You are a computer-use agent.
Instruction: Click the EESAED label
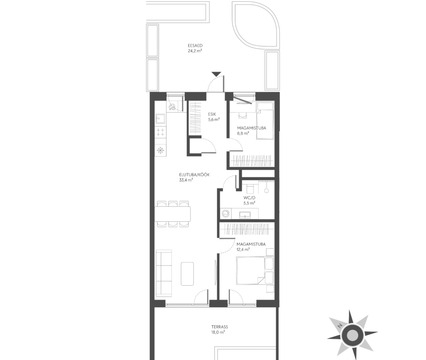pos(195,45)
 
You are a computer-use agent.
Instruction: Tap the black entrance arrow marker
pos(217,74)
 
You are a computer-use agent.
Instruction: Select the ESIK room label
pos(212,114)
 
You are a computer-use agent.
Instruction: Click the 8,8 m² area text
pos(243,133)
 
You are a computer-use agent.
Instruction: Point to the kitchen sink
pos(159,119)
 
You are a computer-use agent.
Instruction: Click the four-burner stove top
pos(160,132)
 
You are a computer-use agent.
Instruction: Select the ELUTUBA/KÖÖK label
pos(194,175)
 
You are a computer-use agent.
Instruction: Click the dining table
pos(173,214)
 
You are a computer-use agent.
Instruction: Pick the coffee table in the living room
pos(187,274)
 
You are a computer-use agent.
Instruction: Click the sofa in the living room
pos(164,273)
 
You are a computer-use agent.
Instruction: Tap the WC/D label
pos(249,198)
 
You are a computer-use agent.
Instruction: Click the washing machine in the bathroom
pos(225,214)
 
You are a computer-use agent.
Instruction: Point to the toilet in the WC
pos(249,188)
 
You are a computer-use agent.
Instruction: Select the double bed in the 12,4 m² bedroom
pos(250,271)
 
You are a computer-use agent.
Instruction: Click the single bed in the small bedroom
pos(265,121)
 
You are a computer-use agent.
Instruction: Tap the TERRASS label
pos(220,327)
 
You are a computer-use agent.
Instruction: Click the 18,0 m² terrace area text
pos(218,332)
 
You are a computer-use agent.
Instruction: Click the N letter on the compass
pos(340,326)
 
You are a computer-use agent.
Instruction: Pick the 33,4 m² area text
pos(186,180)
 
